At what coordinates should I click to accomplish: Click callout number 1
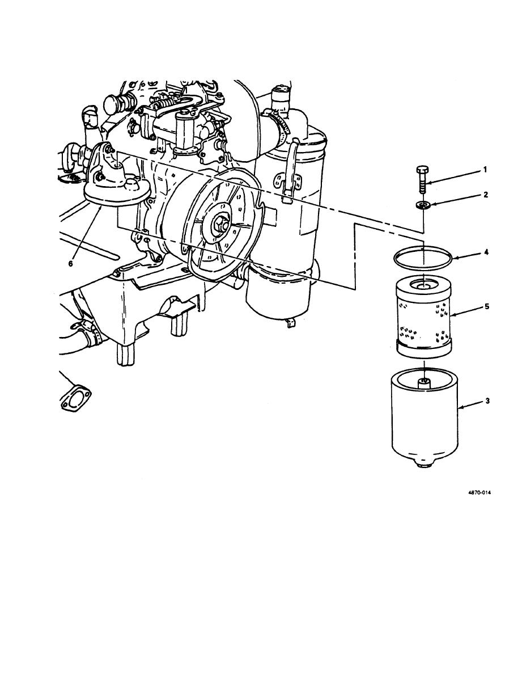point(485,170)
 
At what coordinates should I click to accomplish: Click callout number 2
point(486,195)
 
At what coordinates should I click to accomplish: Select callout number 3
point(487,401)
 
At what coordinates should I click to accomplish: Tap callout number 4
point(486,252)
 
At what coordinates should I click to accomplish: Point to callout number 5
point(487,306)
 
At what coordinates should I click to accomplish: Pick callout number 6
point(71,263)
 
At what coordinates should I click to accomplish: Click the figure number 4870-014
point(479,493)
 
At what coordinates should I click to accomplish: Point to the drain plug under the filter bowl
point(424,466)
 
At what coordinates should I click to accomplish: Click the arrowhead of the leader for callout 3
point(459,407)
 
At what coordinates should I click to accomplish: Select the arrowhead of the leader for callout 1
point(427,183)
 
